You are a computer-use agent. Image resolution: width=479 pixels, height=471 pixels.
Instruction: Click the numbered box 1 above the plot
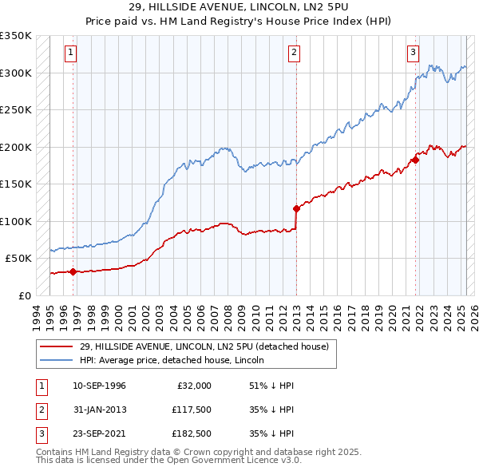[71, 53]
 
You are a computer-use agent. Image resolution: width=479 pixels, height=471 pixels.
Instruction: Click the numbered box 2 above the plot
[295, 53]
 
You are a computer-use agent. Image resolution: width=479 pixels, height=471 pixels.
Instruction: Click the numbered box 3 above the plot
[414, 53]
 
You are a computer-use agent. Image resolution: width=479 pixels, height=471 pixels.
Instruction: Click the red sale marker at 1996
[73, 271]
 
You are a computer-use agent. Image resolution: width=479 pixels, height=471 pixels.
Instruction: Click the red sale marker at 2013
[296, 209]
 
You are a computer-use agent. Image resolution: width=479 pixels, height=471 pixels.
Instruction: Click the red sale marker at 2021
[416, 160]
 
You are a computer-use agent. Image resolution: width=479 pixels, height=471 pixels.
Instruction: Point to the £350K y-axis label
[15, 36]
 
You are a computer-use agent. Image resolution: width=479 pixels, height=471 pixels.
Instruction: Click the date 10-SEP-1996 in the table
[99, 386]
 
